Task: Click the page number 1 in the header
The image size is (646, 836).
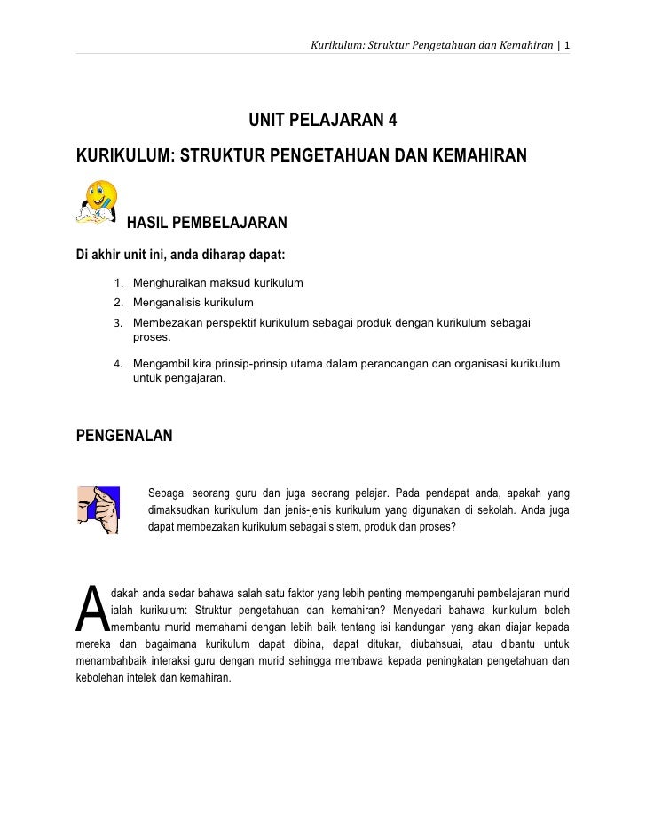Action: coord(566,44)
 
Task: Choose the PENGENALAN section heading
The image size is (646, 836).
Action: coord(125,436)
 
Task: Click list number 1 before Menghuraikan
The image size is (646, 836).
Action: coord(118,284)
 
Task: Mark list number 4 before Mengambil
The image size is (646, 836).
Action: coord(118,364)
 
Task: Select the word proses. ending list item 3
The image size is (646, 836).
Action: coord(153,338)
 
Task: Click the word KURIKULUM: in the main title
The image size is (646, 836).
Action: coord(121,157)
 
